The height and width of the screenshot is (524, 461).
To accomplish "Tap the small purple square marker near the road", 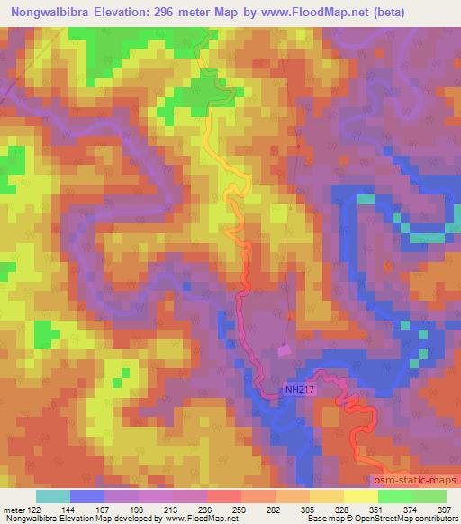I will click(x=285, y=349).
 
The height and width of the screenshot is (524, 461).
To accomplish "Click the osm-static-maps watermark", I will click(x=416, y=481).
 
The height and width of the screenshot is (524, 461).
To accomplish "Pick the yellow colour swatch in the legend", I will click(x=360, y=496).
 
